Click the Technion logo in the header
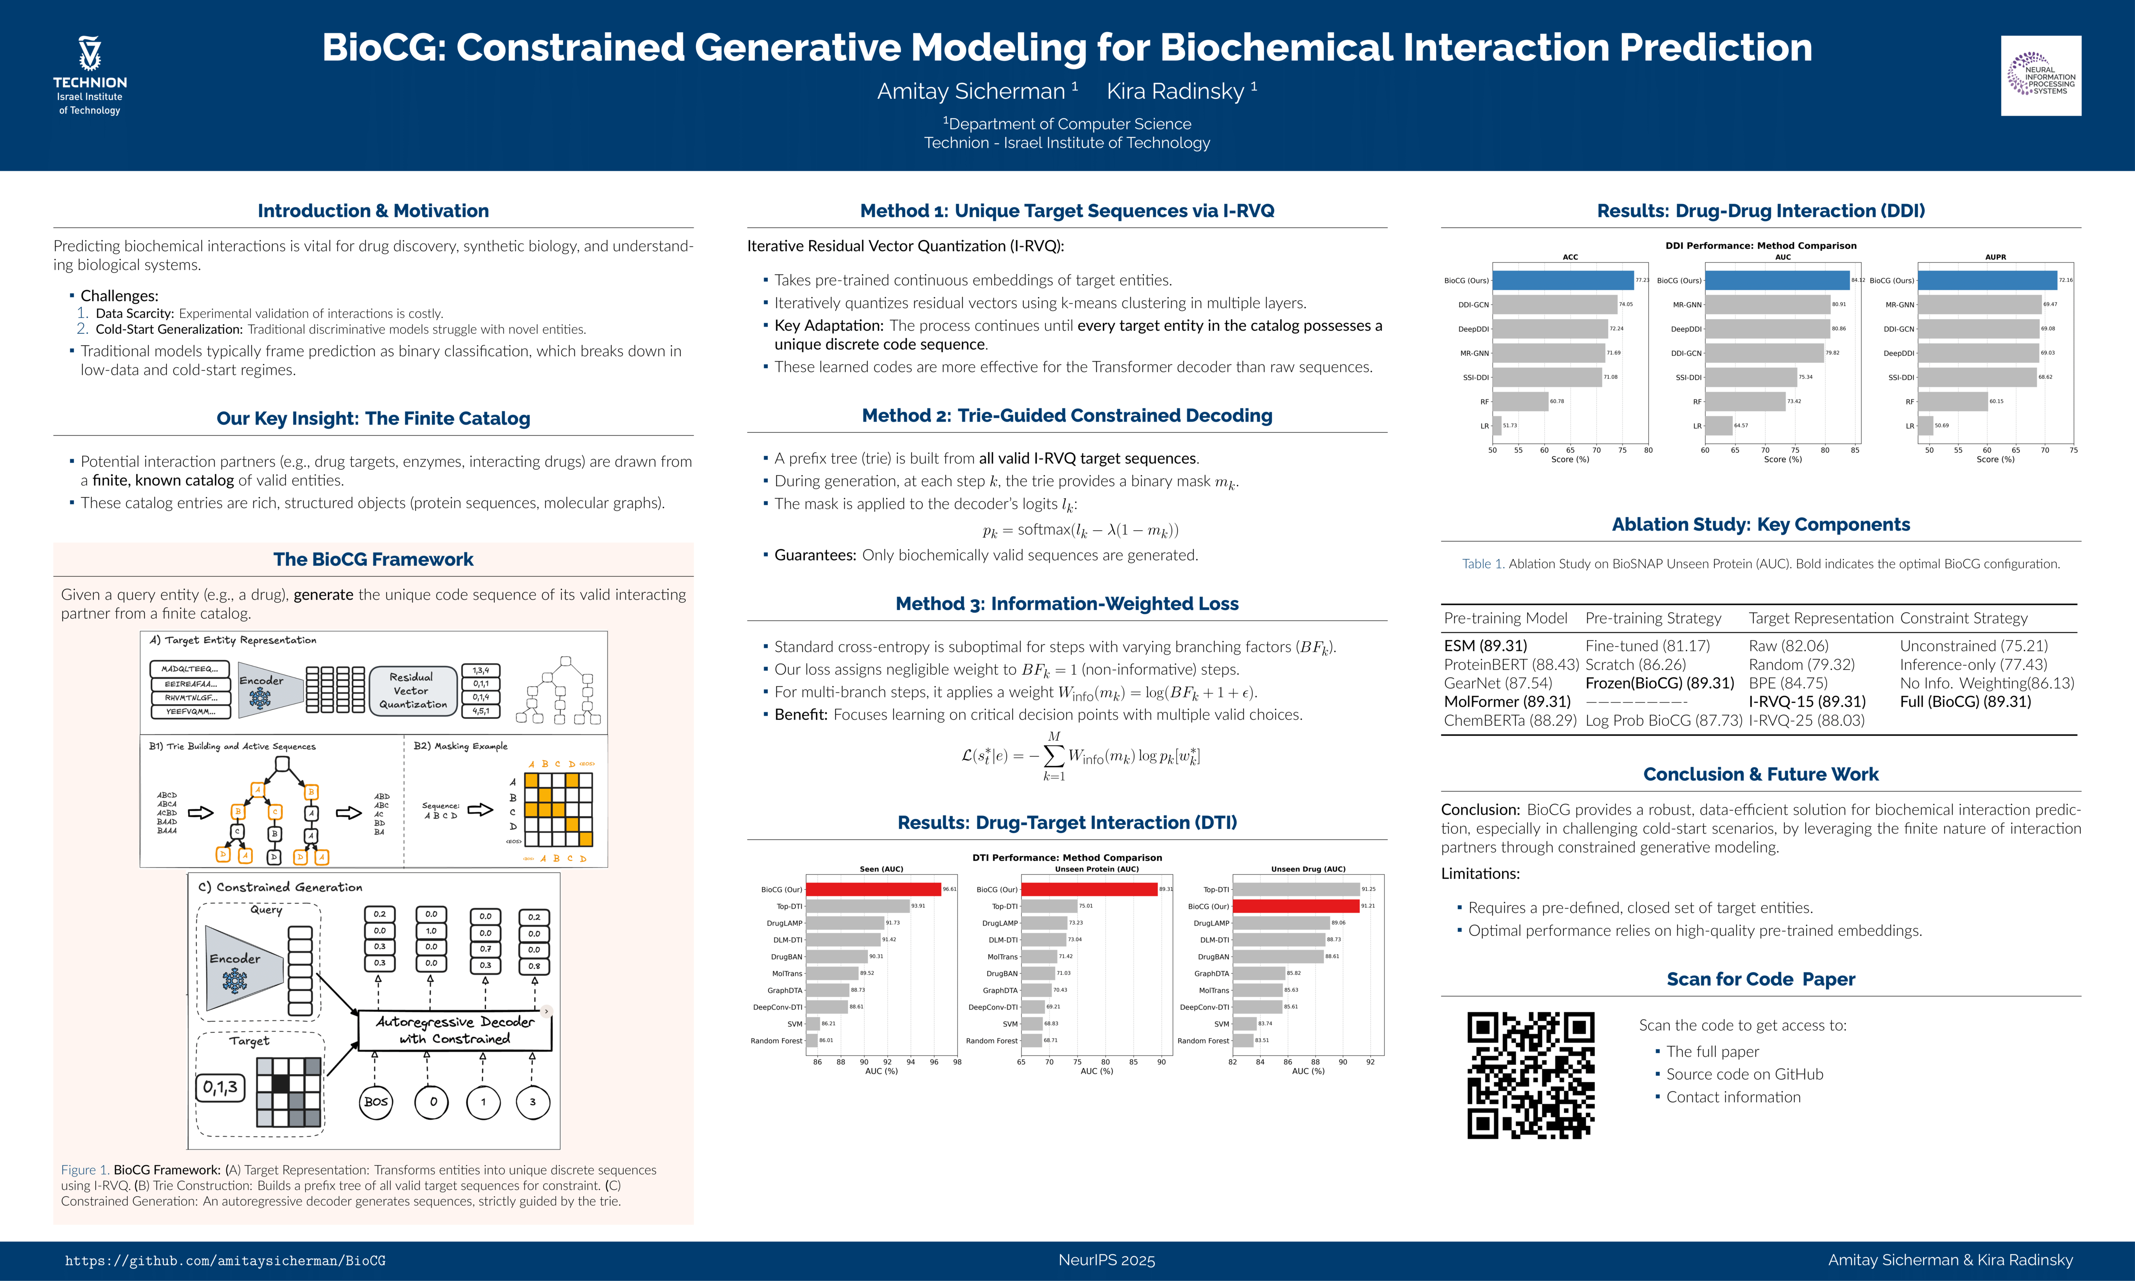tap(90, 76)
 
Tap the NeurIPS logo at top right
tap(2040, 76)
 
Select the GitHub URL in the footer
tap(225, 1260)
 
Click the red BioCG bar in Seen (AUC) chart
tap(873, 889)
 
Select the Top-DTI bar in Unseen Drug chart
tap(1295, 889)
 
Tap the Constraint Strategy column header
tap(1963, 618)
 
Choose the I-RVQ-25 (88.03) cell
tap(1806, 720)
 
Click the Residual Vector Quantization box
tap(413, 691)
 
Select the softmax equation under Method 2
tap(1080, 530)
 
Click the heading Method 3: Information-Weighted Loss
tap(1067, 604)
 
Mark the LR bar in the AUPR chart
tap(1925, 426)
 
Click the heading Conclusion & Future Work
tap(1760, 774)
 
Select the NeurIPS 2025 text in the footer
tap(1106, 1260)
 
